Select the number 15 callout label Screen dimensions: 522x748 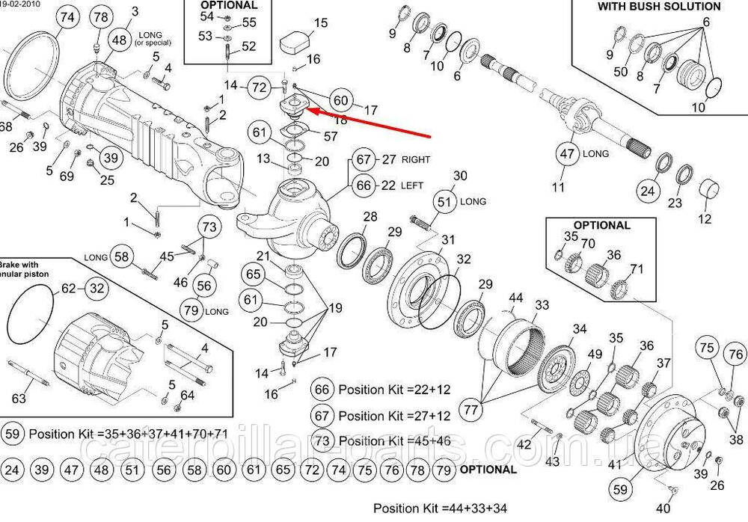pyautogui.click(x=320, y=24)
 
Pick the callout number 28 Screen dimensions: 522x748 pyautogui.click(x=370, y=217)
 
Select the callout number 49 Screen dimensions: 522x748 pyautogui.click(x=595, y=354)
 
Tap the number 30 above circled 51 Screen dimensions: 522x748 pyautogui.click(x=461, y=176)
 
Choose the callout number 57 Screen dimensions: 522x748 pyautogui.click(x=331, y=135)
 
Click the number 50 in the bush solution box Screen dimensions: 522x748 pyautogui.click(x=621, y=71)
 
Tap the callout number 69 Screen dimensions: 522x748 pyautogui.click(x=67, y=176)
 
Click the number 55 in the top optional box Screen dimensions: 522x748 pyautogui.click(x=248, y=23)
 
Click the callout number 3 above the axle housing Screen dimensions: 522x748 pyautogui.click(x=135, y=11)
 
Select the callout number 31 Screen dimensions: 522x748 pyautogui.click(x=448, y=239)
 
